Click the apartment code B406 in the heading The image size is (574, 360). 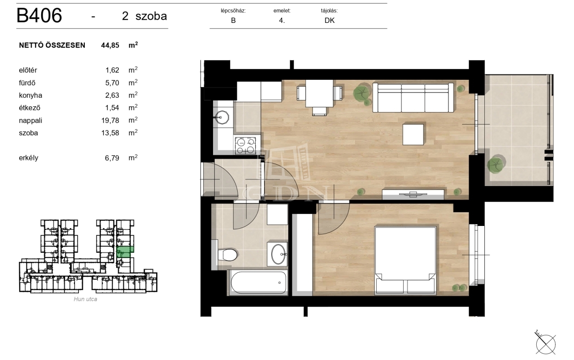point(39,16)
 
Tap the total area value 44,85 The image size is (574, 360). point(110,45)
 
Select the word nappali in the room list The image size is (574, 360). point(30,121)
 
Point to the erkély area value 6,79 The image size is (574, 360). point(112,158)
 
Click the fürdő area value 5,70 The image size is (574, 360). point(112,83)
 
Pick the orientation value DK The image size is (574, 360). point(330,21)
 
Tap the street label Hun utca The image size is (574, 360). point(85,299)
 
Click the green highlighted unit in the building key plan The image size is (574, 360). point(125,252)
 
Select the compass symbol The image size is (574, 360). point(545,343)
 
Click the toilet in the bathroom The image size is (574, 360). point(227,255)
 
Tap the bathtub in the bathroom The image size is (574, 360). point(258,282)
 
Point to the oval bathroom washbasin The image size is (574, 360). point(278,254)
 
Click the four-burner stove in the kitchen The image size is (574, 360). point(245,146)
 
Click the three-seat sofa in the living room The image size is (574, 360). point(413,97)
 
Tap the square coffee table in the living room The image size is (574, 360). point(413,134)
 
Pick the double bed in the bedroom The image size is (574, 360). point(405,260)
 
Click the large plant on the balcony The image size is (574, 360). point(496,164)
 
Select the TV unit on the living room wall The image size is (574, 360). point(413,194)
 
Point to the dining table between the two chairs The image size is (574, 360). point(319,93)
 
